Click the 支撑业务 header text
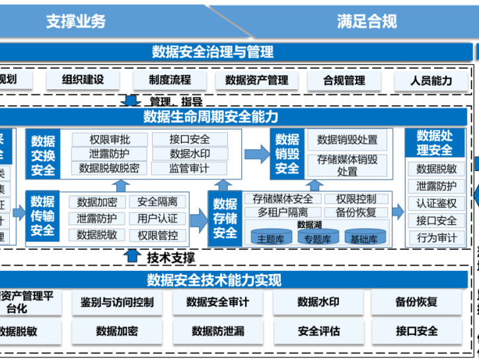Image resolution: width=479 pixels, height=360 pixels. (x=75, y=21)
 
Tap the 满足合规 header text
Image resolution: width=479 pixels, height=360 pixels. (x=367, y=21)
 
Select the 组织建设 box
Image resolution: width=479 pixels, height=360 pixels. (x=83, y=80)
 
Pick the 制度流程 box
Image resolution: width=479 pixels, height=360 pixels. (x=170, y=80)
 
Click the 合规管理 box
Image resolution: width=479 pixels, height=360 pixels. (x=344, y=80)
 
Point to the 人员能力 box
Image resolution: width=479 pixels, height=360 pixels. (x=431, y=80)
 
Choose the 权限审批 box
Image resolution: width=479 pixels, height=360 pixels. (x=110, y=139)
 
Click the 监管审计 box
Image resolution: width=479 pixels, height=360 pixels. (x=189, y=168)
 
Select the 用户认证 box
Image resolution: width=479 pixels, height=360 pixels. (x=158, y=218)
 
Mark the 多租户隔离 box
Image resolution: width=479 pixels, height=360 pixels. (x=283, y=212)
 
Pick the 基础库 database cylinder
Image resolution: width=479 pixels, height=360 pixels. (x=364, y=237)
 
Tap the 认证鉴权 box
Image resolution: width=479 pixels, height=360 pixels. (x=437, y=203)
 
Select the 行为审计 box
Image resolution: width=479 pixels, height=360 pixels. (x=437, y=238)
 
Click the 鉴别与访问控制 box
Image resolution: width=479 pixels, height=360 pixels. (x=117, y=302)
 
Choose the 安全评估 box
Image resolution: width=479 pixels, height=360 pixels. (x=318, y=331)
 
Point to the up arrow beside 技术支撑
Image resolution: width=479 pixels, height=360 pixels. (x=133, y=256)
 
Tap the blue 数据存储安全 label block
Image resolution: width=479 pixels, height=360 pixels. (x=225, y=218)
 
